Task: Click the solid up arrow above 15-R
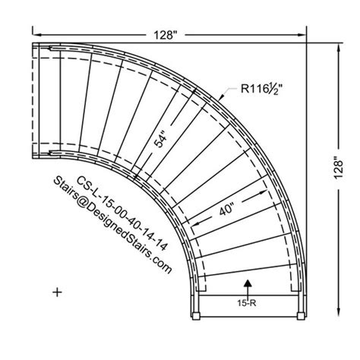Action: (248, 284)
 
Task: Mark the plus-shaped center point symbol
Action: (58, 290)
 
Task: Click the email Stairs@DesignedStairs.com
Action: (112, 226)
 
